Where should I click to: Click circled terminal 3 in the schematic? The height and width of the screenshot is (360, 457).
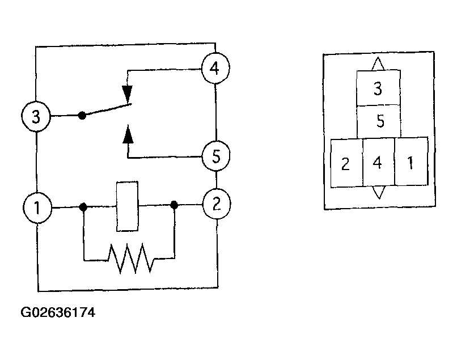36,116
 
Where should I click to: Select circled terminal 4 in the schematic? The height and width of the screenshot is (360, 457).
215,68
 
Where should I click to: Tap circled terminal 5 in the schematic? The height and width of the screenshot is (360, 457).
216,156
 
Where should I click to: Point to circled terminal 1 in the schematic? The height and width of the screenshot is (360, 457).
37,207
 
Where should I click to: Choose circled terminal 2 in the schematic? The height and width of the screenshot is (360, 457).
217,204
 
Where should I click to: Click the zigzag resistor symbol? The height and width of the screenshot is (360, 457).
130,259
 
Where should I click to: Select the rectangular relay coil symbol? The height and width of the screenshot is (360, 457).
128,206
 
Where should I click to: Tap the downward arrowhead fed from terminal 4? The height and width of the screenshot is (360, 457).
128,93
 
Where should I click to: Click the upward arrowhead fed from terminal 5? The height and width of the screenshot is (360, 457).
128,134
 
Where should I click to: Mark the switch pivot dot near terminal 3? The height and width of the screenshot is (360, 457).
82,116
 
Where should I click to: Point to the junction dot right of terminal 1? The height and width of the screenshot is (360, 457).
83,207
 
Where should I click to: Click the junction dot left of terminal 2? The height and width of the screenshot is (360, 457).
174,205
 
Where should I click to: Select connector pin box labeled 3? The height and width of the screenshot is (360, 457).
378,88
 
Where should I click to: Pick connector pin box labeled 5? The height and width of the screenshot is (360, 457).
379,121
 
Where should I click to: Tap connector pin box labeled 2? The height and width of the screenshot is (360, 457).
346,163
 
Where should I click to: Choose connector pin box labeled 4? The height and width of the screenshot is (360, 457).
379,162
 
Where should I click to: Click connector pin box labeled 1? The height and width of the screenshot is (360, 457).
411,161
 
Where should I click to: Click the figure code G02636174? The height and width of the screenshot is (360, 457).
58,312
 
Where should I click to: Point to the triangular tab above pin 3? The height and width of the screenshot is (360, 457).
378,63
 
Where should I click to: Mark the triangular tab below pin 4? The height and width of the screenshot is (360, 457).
379,192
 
